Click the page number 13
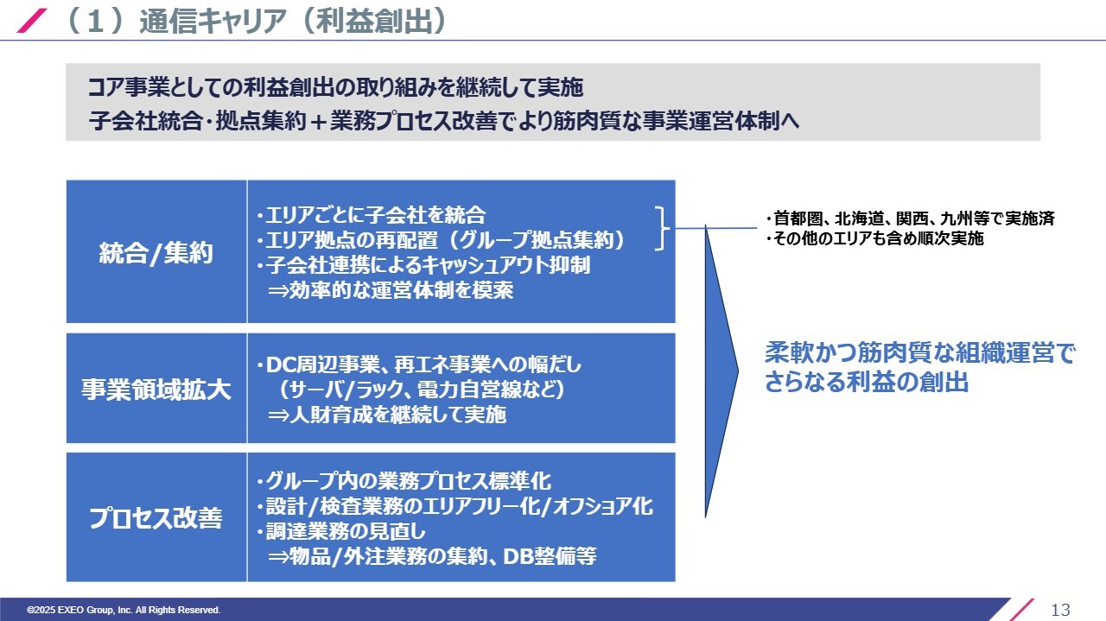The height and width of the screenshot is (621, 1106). (1060, 610)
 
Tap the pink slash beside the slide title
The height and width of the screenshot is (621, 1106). (32, 21)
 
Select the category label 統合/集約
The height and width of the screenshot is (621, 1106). (156, 253)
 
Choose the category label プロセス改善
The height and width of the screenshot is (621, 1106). (156, 517)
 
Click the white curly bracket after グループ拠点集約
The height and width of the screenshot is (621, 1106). (663, 229)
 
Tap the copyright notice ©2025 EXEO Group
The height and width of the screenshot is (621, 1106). (124, 610)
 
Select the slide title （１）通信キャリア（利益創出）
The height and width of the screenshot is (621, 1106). (257, 22)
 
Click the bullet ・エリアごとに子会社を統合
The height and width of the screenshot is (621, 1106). (371, 215)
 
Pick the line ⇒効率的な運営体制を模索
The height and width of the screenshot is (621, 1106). (391, 290)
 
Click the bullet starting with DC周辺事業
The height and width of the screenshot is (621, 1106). (419, 364)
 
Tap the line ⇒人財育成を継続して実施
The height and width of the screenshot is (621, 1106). (387, 415)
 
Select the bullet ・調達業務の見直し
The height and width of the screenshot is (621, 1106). (340, 531)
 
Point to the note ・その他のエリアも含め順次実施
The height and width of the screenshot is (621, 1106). (874, 238)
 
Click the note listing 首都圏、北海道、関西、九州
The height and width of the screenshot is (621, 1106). (910, 219)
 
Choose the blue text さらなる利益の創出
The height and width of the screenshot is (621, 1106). (867, 382)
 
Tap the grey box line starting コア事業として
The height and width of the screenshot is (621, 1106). (336, 87)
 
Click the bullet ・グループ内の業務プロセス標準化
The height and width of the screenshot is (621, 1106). (404, 481)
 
